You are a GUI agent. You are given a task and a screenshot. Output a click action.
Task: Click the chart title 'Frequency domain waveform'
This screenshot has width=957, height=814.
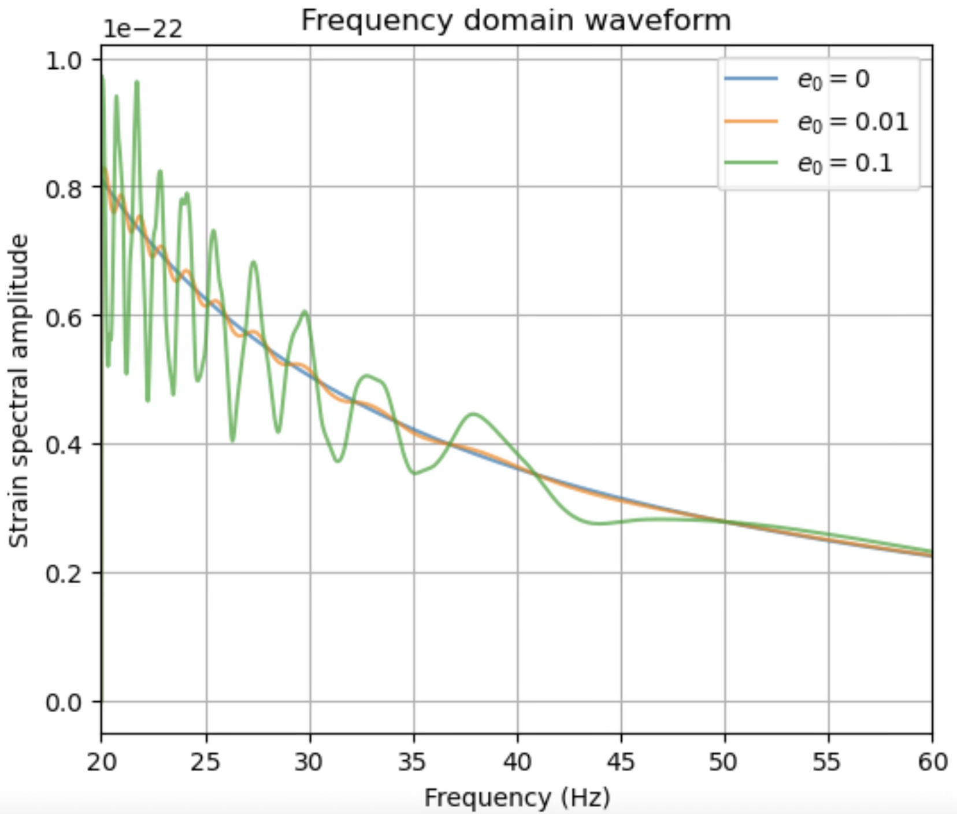515,21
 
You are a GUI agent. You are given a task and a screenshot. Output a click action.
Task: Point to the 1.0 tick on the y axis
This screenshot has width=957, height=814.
64,60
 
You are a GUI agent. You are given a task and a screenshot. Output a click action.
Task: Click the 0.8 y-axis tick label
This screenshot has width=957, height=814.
64,188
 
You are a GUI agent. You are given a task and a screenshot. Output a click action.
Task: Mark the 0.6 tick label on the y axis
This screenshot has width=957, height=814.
64,317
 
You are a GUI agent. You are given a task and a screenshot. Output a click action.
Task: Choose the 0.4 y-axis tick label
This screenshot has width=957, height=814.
64,445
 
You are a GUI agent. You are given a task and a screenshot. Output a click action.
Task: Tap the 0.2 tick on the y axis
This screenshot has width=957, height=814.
64,574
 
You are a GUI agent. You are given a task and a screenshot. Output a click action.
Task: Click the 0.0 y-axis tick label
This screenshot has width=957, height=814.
64,703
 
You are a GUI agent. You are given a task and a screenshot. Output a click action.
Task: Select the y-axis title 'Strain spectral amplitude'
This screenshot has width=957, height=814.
20,391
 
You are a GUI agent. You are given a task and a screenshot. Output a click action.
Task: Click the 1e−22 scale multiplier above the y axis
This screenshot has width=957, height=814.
143,29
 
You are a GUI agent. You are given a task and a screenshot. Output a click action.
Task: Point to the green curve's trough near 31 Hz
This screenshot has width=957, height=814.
338,461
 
